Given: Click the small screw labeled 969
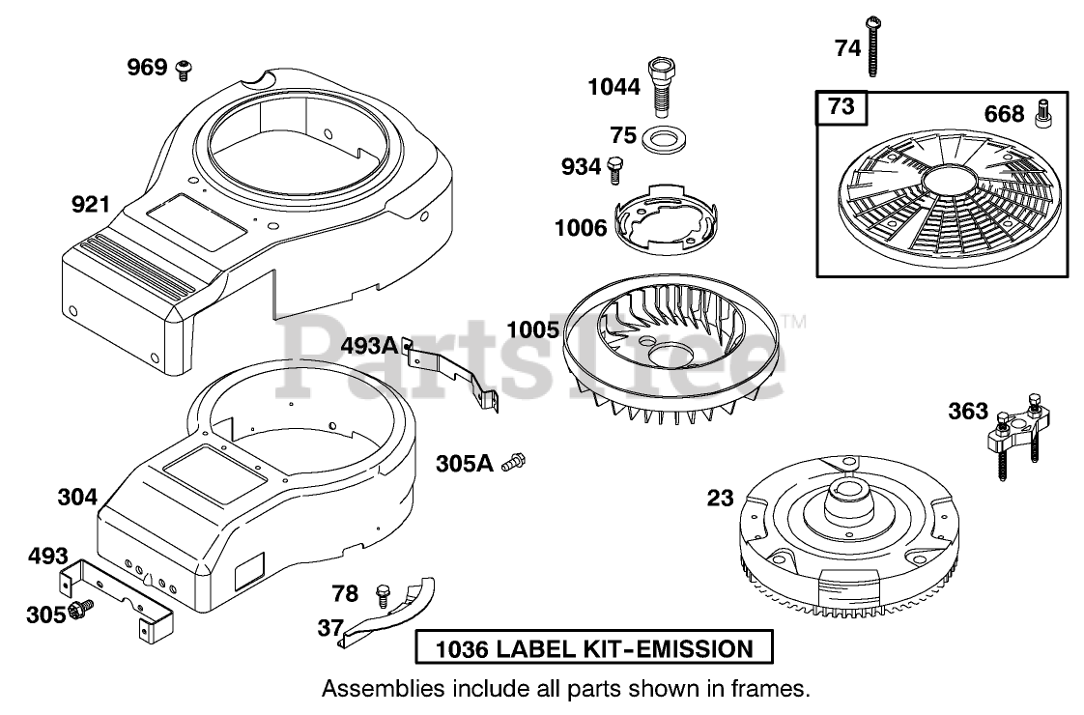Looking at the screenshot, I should tap(185, 68).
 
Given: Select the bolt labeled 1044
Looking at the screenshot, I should tap(662, 86).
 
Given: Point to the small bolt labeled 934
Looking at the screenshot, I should tap(615, 167).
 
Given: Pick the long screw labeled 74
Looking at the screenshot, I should tap(874, 45).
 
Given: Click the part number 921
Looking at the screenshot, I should tap(91, 204).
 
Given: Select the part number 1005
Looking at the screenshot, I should tap(532, 330).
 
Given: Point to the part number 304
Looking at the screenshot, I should tap(77, 498).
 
